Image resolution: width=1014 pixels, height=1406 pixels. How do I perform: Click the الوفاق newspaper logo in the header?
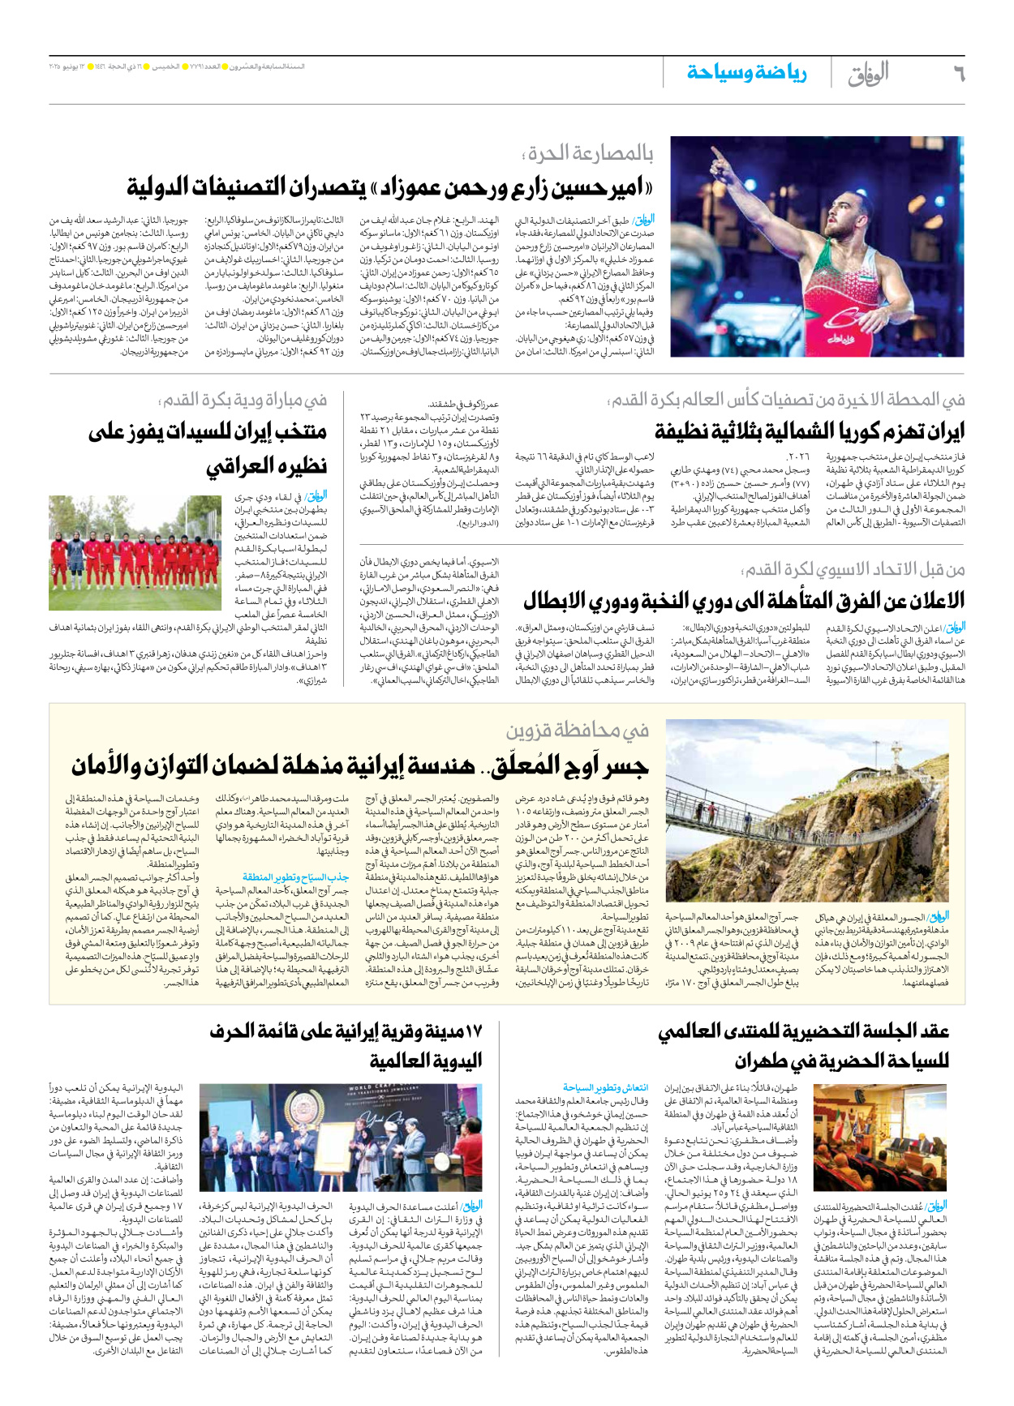(x=869, y=73)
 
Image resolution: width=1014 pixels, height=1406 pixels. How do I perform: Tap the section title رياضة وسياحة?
(x=747, y=73)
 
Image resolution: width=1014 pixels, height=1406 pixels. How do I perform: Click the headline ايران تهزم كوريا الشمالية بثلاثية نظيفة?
(x=810, y=431)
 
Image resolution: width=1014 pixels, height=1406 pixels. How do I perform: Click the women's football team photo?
(x=135, y=553)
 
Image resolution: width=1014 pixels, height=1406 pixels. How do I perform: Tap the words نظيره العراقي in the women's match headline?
(x=267, y=466)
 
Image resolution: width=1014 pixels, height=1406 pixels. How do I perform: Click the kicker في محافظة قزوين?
(x=578, y=731)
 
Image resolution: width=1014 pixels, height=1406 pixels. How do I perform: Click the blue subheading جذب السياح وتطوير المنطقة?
(x=295, y=877)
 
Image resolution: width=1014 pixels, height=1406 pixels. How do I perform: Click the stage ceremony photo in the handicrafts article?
(x=341, y=1138)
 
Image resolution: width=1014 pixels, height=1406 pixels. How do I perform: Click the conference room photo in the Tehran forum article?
(x=881, y=1138)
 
